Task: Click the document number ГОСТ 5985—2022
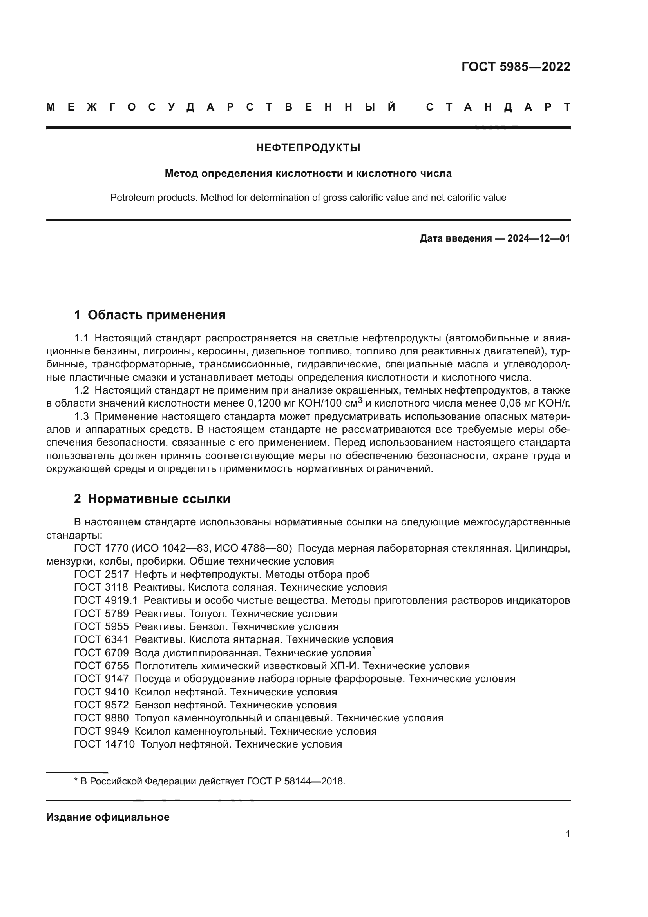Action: [x=516, y=67]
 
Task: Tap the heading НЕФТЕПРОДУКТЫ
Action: [x=308, y=148]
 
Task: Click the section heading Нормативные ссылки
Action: [x=159, y=499]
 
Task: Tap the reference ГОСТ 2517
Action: [x=101, y=575]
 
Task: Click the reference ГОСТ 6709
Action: [x=101, y=653]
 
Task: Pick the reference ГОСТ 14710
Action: [x=105, y=744]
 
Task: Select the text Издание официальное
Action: [x=108, y=817]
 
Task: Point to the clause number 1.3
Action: [x=81, y=417]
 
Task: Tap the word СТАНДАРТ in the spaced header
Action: [x=498, y=107]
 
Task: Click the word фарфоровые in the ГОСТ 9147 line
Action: [x=371, y=679]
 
